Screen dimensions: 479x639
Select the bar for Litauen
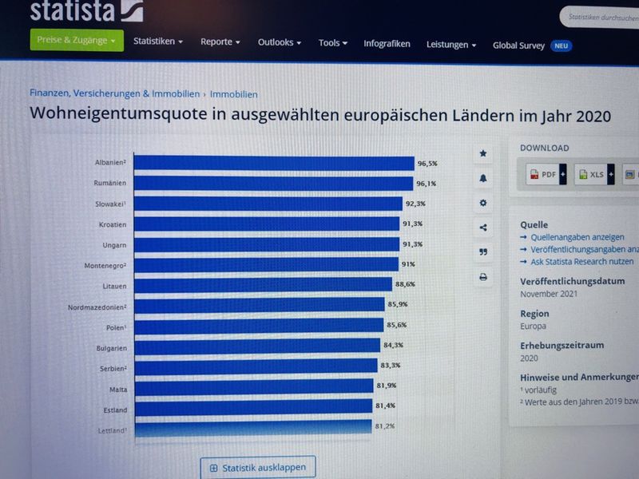point(263,284)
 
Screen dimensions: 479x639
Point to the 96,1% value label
point(426,184)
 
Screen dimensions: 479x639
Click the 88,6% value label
point(405,284)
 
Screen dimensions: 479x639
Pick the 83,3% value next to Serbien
point(391,366)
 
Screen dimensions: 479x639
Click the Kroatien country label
point(111,224)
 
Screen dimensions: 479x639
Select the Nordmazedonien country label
point(97,306)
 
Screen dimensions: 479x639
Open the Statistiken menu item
point(157,42)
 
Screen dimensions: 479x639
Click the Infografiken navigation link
point(387,44)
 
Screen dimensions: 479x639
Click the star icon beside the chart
point(482,153)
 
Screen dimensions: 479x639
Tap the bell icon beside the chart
point(482,178)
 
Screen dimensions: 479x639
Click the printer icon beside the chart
point(482,277)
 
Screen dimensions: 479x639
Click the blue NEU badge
point(562,46)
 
